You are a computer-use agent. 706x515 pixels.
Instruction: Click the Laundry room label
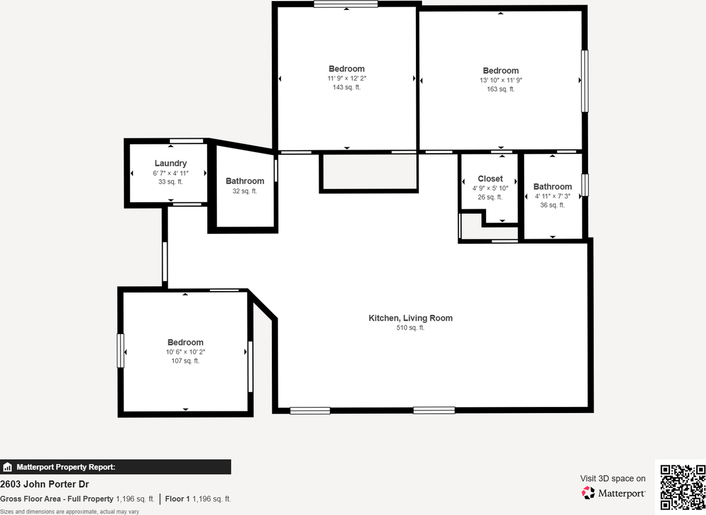170,163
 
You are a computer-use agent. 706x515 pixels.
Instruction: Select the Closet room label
490,179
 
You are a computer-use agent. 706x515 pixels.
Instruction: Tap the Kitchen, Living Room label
410,318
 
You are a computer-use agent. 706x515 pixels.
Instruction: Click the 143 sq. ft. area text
346,87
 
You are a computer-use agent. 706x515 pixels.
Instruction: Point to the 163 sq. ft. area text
500,89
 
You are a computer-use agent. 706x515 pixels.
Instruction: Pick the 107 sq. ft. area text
185,361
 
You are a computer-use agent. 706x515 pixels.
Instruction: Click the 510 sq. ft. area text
410,328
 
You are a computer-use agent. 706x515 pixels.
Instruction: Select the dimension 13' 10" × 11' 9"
500,80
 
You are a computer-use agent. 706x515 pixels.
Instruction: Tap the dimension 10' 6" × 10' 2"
185,352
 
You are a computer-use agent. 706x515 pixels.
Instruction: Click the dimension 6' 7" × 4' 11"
170,173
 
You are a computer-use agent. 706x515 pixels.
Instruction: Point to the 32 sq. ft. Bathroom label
245,181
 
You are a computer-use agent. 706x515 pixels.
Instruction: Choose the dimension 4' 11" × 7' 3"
552,196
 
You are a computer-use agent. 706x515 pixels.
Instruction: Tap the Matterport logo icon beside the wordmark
588,493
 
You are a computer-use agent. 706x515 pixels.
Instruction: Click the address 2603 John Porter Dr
45,485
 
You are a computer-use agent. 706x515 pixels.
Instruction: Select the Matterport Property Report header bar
115,467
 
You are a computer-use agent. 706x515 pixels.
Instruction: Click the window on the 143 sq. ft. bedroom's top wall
346,4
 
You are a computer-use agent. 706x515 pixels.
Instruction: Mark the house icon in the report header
8,468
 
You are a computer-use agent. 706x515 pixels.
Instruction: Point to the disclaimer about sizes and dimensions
69,512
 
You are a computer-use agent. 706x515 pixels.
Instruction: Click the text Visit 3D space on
612,479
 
